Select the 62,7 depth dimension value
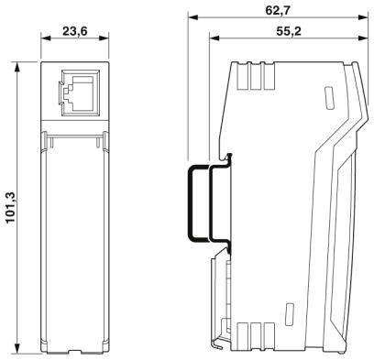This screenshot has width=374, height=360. click(273, 10)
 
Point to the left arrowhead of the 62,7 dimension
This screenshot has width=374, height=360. click(192, 18)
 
